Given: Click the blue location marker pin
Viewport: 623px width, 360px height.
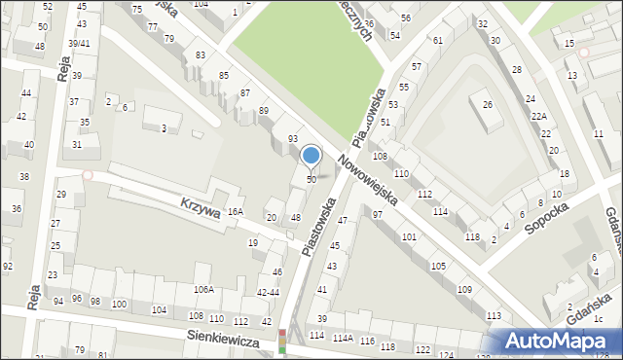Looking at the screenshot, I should (311, 156).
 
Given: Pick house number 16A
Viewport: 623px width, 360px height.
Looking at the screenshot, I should (235, 211).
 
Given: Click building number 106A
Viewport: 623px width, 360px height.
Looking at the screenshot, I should (203, 289).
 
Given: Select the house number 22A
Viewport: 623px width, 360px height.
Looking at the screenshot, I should (538, 116).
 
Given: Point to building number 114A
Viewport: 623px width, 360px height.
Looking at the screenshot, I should (342, 338).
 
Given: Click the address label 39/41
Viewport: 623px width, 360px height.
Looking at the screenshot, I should (79, 44).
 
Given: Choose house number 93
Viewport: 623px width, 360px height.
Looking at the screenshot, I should (292, 139).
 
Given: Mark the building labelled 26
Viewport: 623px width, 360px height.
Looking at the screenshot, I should (488, 104).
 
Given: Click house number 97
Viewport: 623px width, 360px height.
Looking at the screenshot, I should (378, 214).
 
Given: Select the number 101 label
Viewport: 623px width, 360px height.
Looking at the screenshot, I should (409, 237).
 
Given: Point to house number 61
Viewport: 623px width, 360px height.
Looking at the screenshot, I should (438, 40).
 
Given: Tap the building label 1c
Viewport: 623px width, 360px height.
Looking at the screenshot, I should (600, 318).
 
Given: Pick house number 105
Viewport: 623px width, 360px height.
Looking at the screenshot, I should (438, 266).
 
